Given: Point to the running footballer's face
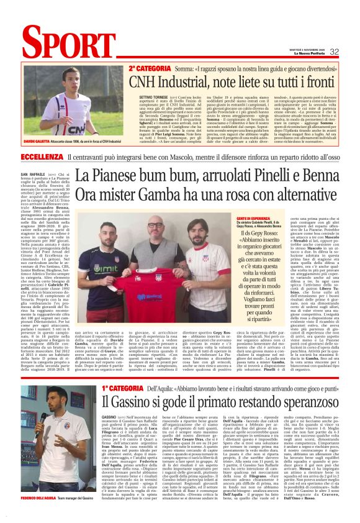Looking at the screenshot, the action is click(73, 79).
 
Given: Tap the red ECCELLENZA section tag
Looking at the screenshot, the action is click(43, 157).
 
